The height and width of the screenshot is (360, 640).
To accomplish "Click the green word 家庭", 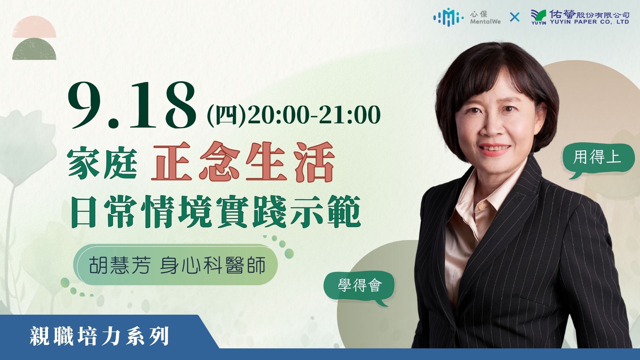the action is (103, 163).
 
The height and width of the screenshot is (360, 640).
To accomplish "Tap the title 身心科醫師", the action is (213, 265).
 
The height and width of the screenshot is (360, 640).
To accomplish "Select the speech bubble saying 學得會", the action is (359, 285).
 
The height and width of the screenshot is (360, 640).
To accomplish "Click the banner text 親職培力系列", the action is (99, 336).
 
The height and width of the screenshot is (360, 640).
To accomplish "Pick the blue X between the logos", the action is (515, 17).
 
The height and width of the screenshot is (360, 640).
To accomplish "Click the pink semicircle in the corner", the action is (34, 27).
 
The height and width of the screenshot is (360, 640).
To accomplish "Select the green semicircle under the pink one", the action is (34, 49).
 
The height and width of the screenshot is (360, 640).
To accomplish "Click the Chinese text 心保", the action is (479, 14).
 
